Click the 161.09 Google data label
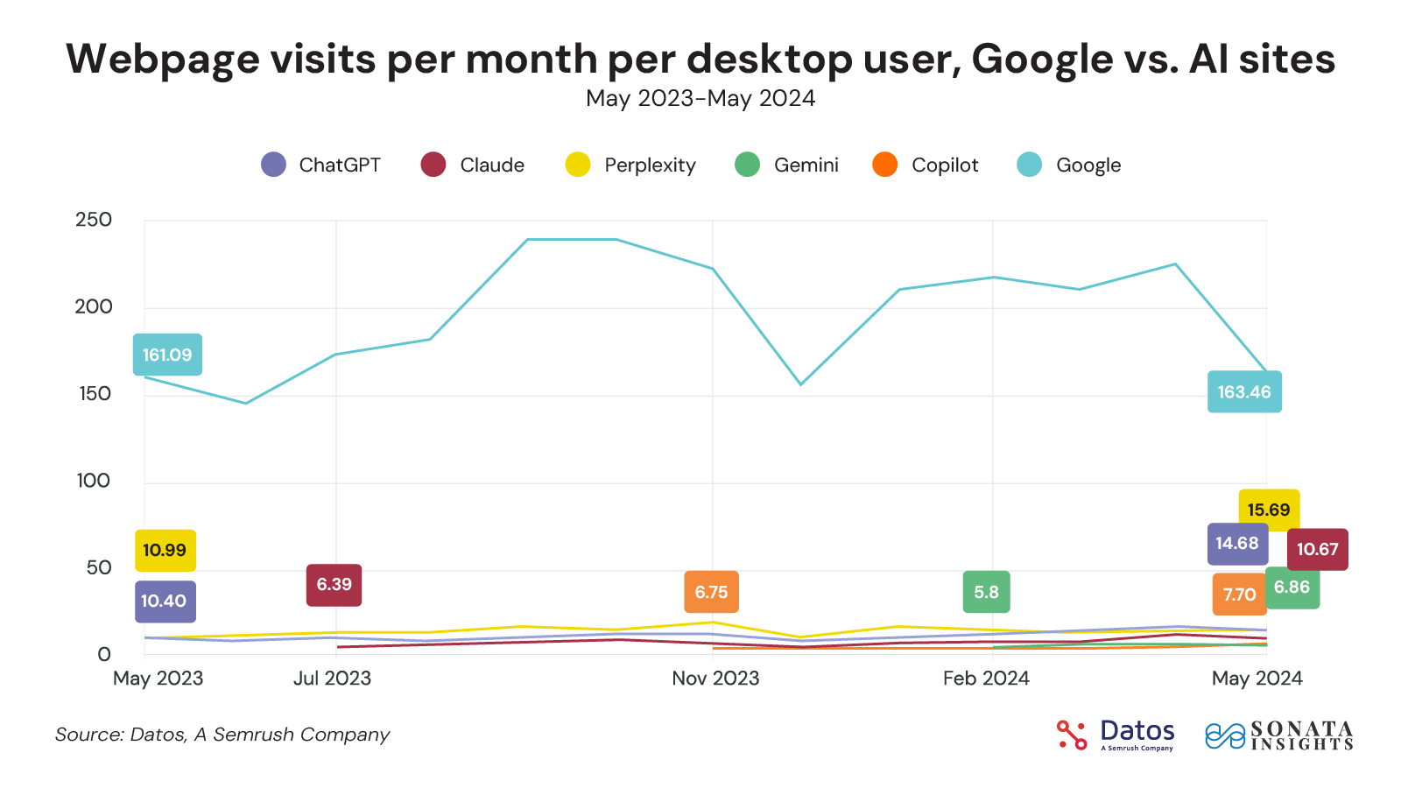coord(167,355)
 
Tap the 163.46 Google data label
coord(1244,392)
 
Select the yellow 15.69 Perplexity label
coord(1269,510)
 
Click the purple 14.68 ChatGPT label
coord(1237,544)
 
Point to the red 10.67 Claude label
coord(1317,550)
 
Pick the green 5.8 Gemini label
coord(986,592)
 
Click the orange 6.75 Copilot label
coord(711,592)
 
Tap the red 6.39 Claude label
coord(334,585)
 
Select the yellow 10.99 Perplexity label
coord(165,551)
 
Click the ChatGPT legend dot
coord(274,165)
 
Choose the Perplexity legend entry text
coord(650,165)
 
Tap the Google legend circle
coord(1030,165)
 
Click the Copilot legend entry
coord(945,165)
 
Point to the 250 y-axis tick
coord(94,220)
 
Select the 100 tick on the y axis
coord(94,481)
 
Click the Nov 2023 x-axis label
coord(715,679)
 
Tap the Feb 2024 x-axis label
coord(986,679)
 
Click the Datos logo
coord(1116,735)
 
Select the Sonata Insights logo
coord(1279,735)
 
